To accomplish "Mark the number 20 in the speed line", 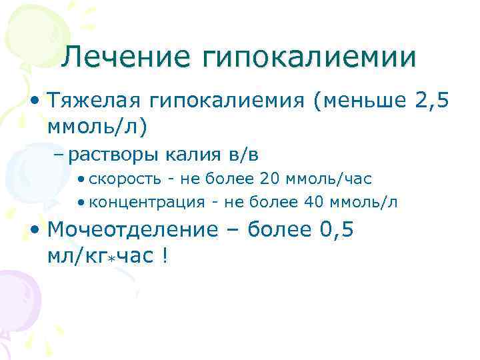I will [270, 179].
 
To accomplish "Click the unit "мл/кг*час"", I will [100, 255].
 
